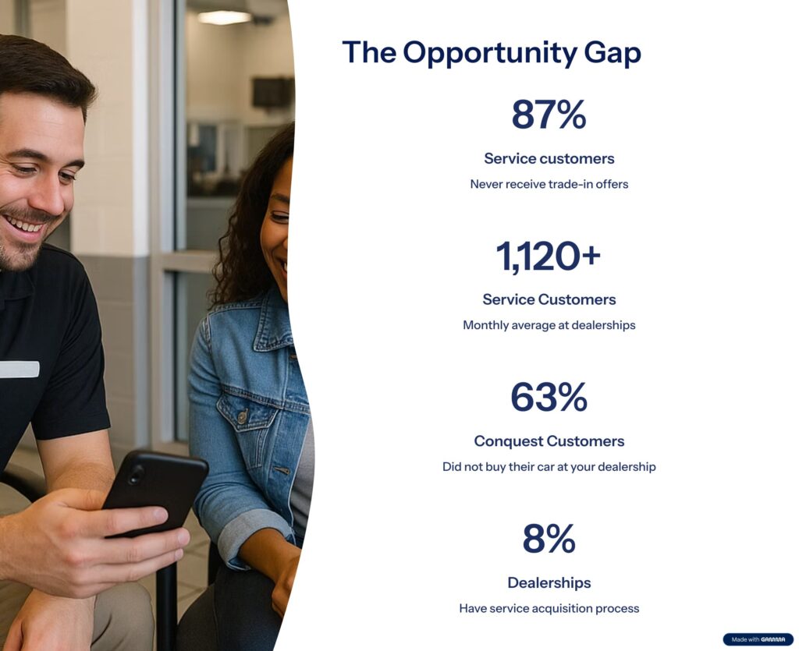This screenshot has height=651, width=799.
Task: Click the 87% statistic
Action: pos(549,115)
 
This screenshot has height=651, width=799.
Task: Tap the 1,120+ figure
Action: pos(549,256)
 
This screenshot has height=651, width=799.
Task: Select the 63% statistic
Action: pos(549,397)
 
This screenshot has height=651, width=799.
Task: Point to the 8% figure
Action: pos(549,539)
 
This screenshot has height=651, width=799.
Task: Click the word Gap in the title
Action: pos(613,52)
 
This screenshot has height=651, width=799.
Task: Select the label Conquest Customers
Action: pos(549,440)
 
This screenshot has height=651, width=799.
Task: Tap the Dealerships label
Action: pos(549,582)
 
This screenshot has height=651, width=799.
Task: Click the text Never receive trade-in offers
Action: pos(549,184)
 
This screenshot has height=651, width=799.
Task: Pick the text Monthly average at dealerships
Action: pos(549,325)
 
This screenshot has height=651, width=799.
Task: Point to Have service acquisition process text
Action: pos(549,608)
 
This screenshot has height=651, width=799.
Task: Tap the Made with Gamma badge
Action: pos(758,639)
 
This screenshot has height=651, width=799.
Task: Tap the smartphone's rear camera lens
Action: pos(136,474)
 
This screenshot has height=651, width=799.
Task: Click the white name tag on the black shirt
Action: pos(20,370)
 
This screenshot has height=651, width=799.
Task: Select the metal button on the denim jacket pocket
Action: pos(242,417)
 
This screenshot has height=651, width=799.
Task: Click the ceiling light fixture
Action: pos(225,17)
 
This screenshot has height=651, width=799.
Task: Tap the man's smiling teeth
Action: pos(23,225)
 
